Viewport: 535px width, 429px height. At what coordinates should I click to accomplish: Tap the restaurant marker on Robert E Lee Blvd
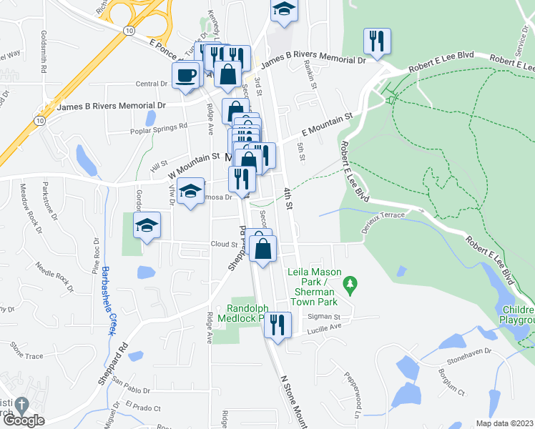coord(376,41)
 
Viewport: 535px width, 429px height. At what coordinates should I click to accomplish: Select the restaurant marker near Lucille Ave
coord(277,325)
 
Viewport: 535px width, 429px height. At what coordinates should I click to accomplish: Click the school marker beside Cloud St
coord(147,225)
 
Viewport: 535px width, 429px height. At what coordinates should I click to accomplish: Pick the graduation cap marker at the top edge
coord(284,10)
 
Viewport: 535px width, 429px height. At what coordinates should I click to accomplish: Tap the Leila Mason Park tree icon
coord(349,285)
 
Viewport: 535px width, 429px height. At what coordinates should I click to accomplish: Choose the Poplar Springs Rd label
coord(158,127)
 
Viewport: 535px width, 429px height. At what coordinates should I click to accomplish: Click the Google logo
coord(23,421)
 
